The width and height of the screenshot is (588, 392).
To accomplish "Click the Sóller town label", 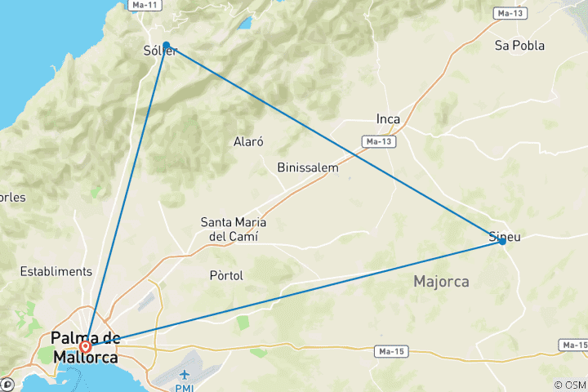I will pos(159,52).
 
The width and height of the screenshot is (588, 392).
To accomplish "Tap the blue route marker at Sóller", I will pos(167,46).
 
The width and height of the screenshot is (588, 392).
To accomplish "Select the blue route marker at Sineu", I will pos(502,241).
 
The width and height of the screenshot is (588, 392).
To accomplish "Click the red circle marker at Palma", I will pos(86,345).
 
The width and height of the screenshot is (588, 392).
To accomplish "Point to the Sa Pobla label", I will pos(519,46).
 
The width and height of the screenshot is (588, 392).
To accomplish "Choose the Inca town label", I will pos(388,119).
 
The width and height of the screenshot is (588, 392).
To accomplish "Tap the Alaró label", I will pos(249,141).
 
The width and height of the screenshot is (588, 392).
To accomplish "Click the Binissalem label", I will pos(307,167).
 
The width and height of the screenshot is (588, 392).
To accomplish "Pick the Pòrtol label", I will pos(226,275).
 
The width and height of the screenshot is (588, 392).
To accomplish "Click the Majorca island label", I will pos(441,282).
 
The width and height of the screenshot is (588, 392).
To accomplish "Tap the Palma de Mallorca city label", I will pos(85,347).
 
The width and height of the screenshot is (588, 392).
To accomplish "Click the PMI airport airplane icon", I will pos(186,374).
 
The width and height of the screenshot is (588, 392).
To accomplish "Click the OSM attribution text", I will pos(570,385).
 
